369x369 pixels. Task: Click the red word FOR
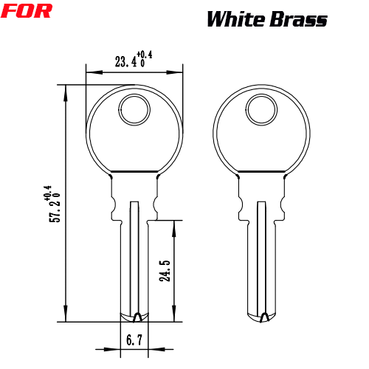pos(27,11)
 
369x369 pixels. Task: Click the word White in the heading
pos(236,19)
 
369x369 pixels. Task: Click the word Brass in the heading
pos(298,19)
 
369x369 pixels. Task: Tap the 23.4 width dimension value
pos(126,61)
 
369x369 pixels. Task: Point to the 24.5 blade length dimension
pos(165,271)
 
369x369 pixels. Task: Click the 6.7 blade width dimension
pos(134,340)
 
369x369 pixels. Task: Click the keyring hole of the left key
pos(134,109)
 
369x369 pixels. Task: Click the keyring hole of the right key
pos(261,109)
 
